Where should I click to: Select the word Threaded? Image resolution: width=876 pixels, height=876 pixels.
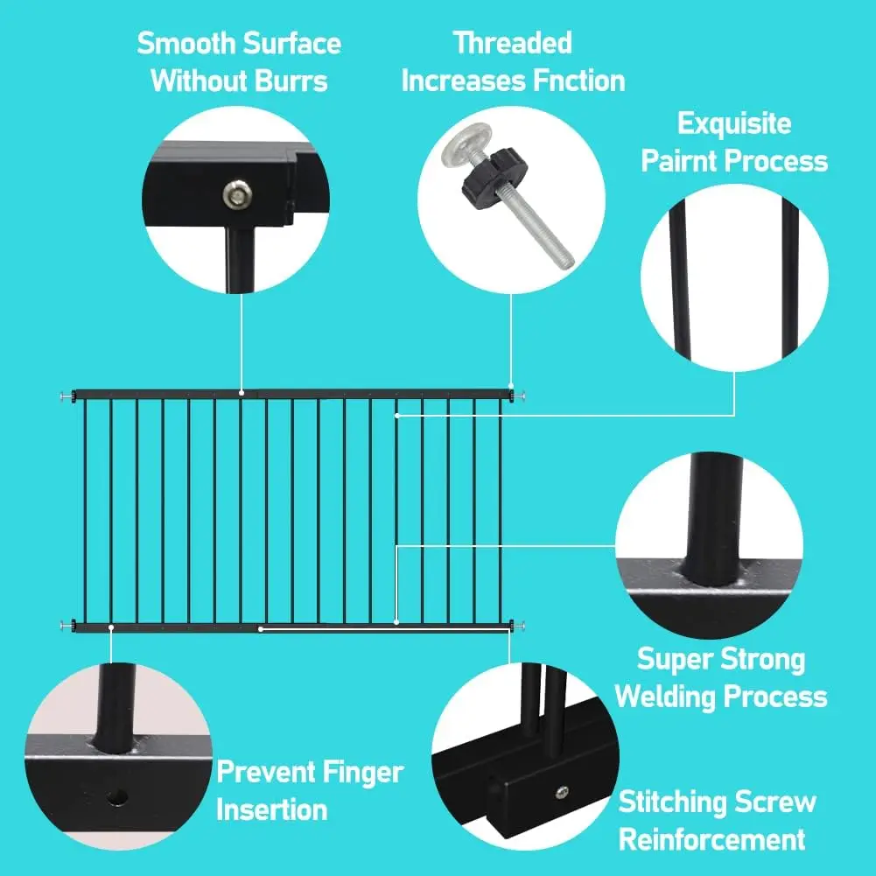(512, 43)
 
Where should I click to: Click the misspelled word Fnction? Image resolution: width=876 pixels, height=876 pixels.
(568, 81)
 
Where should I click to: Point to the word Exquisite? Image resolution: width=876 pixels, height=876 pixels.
(734, 123)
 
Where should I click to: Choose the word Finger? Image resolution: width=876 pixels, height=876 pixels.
(359, 773)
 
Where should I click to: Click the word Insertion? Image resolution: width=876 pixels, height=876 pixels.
(272, 810)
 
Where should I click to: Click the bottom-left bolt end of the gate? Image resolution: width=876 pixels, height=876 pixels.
(66, 625)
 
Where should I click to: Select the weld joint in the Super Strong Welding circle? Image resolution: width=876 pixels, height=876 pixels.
(715, 578)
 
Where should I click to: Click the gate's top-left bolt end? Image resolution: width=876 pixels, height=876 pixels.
(66, 396)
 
